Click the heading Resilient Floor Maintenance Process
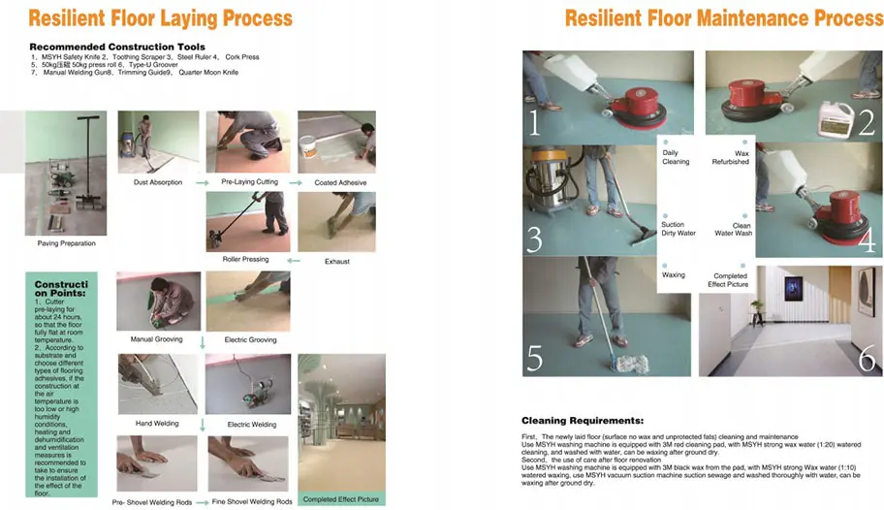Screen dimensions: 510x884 (723, 18)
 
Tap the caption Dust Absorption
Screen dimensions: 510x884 (158, 182)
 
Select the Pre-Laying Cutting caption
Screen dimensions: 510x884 (249, 182)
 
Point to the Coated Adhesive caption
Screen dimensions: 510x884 (339, 182)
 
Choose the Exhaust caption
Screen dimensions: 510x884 (336, 261)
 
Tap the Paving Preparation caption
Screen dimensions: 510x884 (66, 243)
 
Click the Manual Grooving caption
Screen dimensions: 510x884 (156, 339)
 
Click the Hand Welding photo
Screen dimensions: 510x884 (158, 385)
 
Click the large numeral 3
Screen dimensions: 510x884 (534, 239)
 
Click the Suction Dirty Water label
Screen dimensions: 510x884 (678, 229)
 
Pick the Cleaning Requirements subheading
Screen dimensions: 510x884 (582, 421)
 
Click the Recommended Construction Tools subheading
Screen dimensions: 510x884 (116, 47)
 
